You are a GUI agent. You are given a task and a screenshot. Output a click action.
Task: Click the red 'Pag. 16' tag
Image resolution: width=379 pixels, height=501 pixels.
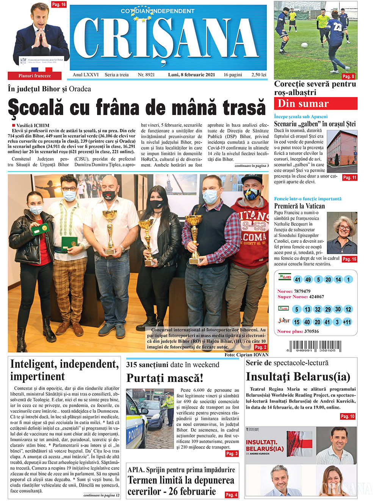click(x=59, y=5)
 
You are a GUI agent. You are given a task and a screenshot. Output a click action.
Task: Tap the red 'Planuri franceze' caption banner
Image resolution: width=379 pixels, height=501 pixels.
click(x=34, y=76)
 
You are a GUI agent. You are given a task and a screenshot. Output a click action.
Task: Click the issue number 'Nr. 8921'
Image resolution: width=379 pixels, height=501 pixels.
click(x=146, y=75)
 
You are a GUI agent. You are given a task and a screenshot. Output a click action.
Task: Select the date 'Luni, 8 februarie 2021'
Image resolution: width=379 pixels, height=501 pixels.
click(x=191, y=75)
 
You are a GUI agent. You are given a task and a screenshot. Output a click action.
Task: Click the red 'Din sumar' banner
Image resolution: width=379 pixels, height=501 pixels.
click(x=315, y=104)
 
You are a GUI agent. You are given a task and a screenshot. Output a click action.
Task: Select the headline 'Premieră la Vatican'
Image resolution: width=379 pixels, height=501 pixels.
click(x=299, y=206)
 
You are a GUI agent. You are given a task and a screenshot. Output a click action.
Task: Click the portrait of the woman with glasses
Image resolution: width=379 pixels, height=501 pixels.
click(x=342, y=233)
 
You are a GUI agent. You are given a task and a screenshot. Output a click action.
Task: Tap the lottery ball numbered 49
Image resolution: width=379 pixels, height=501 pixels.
click(x=308, y=280)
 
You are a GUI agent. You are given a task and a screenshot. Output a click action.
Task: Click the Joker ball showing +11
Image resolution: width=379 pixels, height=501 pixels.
click(x=347, y=322)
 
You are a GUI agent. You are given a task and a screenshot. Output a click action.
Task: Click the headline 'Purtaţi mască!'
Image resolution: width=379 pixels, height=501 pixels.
click(x=164, y=378)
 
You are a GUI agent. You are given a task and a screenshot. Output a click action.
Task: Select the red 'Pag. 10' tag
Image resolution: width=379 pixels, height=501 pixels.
click(x=347, y=416)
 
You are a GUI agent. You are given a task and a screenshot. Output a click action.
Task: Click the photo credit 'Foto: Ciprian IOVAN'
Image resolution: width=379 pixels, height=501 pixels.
click(x=246, y=355)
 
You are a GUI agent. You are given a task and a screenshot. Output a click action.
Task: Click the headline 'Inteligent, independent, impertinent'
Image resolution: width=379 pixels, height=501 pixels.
click(x=64, y=370)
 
